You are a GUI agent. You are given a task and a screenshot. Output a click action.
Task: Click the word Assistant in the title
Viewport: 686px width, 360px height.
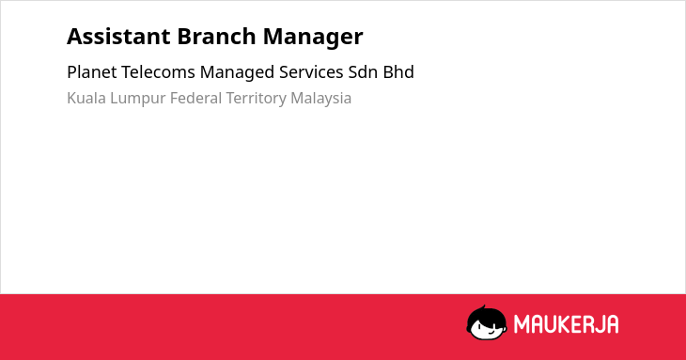[x=118, y=37]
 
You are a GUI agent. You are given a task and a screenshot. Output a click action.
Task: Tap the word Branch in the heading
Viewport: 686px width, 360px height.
[x=216, y=37]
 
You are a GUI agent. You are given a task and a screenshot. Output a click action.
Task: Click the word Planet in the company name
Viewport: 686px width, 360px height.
[x=92, y=72]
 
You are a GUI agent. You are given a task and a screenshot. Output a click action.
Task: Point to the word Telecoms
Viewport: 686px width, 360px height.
[x=158, y=72]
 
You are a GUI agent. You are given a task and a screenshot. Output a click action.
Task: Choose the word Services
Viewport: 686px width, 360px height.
[x=311, y=72]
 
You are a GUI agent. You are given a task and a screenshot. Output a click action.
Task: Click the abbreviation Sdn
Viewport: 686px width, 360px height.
[x=363, y=72]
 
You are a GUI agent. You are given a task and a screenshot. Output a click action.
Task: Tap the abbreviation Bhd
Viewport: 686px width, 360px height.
[x=398, y=72]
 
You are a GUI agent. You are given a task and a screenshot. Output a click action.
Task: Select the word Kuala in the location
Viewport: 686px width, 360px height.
[x=86, y=98]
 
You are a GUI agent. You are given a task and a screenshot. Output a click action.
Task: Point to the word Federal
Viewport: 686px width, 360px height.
[x=195, y=98]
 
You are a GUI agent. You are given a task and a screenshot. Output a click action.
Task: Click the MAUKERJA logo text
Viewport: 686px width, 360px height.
[x=566, y=324]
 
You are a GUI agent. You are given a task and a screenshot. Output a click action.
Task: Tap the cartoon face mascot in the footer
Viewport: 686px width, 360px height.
[x=487, y=322]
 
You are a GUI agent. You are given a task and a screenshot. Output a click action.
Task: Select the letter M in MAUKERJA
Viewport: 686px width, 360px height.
[x=521, y=324]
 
